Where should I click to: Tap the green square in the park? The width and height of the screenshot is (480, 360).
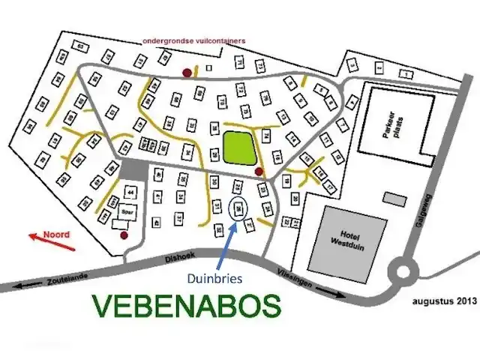[239, 147]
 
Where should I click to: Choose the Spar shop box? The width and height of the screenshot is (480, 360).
[124, 212]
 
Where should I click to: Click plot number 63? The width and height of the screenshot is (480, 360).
[80, 46]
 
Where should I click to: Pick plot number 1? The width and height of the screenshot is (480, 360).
[406, 73]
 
